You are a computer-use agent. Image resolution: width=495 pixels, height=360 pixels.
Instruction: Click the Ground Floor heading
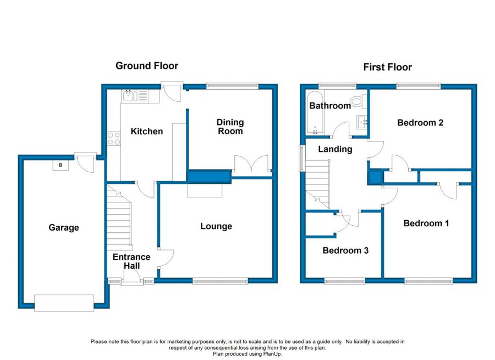[x=147, y=66]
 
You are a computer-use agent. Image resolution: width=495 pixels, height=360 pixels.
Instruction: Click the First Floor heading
[x=387, y=67]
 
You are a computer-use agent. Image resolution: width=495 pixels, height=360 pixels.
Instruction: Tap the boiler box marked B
[x=61, y=165]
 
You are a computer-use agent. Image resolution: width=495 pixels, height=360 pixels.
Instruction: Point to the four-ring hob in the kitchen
[x=114, y=138]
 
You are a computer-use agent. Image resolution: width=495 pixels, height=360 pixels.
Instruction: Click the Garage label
[x=64, y=227]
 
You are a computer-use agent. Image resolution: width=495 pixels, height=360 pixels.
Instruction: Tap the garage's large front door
[x=64, y=303]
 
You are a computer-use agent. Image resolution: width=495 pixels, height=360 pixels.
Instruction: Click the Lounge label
[x=216, y=226]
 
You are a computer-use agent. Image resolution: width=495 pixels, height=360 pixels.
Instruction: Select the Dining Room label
[x=230, y=127]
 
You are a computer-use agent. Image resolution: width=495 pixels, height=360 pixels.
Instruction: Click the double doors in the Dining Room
[x=251, y=163]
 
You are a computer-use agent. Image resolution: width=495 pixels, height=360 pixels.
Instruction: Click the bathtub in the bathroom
[x=315, y=112]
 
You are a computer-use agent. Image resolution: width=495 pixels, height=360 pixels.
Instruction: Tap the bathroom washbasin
[x=362, y=122]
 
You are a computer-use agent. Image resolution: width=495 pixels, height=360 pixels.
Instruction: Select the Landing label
[x=335, y=149]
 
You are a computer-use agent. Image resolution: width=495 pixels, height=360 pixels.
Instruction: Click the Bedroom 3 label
[x=345, y=250]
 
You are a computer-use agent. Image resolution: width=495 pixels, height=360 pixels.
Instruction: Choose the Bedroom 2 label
[x=420, y=123]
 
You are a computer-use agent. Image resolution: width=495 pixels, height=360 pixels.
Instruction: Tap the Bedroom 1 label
[x=426, y=223]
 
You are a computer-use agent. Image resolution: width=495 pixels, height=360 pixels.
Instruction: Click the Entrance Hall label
[x=131, y=261]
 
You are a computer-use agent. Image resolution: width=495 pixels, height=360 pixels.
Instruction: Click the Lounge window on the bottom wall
[x=221, y=281]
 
